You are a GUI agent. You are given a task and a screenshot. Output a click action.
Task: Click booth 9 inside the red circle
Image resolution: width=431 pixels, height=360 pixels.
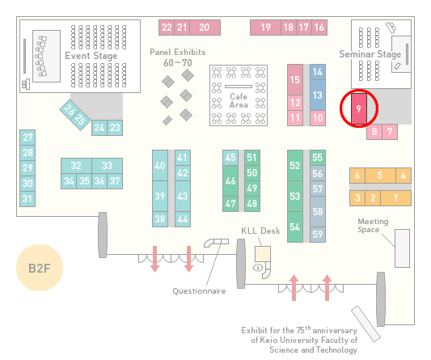[x=359, y=108]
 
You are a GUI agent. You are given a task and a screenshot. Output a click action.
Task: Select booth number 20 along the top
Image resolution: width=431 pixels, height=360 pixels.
[x=205, y=28]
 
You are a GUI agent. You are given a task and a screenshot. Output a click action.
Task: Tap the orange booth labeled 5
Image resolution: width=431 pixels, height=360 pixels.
[x=380, y=176]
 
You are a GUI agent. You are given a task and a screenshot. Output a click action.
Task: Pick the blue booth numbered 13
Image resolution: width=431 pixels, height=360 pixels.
[x=318, y=95]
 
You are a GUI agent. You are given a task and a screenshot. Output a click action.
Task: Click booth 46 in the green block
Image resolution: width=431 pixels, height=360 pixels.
[x=230, y=180]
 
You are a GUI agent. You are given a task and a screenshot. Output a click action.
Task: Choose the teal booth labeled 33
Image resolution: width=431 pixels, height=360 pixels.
[x=107, y=166]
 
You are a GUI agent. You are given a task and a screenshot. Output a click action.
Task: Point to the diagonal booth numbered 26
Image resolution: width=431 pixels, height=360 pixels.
[x=69, y=110]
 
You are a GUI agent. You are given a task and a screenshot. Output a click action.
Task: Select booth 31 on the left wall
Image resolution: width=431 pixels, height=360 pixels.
[x=27, y=198]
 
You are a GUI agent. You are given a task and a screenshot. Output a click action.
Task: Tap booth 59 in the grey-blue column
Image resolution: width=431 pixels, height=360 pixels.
[x=318, y=235]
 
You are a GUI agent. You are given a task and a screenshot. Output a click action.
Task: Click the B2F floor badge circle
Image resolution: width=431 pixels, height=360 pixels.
[x=40, y=268]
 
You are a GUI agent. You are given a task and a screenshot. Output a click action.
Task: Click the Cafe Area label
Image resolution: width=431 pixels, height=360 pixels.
[x=239, y=100]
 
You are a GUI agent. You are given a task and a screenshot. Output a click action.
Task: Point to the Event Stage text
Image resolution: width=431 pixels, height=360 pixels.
[x=91, y=56]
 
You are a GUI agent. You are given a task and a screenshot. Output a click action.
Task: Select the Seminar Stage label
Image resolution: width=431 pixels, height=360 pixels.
[x=370, y=54]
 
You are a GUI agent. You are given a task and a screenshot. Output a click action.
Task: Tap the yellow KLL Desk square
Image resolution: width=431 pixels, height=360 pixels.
[x=263, y=254]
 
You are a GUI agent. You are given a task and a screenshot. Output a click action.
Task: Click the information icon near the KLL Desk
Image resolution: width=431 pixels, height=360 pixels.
[x=258, y=267]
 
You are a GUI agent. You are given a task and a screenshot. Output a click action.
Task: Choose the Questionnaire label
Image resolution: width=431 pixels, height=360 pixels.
[x=199, y=291]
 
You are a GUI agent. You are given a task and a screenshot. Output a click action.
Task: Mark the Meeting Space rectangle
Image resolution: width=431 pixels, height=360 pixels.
[x=402, y=248]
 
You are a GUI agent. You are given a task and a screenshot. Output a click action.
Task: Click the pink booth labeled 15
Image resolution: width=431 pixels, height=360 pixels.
[x=295, y=80]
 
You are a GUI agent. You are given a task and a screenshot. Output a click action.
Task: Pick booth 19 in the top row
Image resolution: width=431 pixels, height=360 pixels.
[x=265, y=28]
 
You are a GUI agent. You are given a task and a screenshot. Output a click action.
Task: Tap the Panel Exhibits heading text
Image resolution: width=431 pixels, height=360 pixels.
[x=178, y=52]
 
